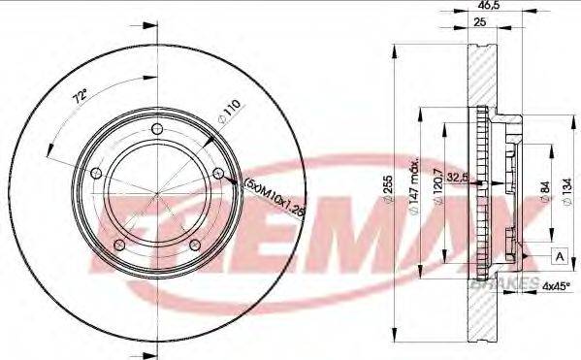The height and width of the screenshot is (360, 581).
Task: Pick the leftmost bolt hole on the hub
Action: (x=95, y=175)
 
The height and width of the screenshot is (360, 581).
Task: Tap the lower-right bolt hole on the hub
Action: (x=194, y=245)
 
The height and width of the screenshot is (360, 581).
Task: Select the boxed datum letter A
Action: (x=559, y=254)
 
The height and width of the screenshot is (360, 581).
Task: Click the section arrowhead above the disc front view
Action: (x=156, y=15)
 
